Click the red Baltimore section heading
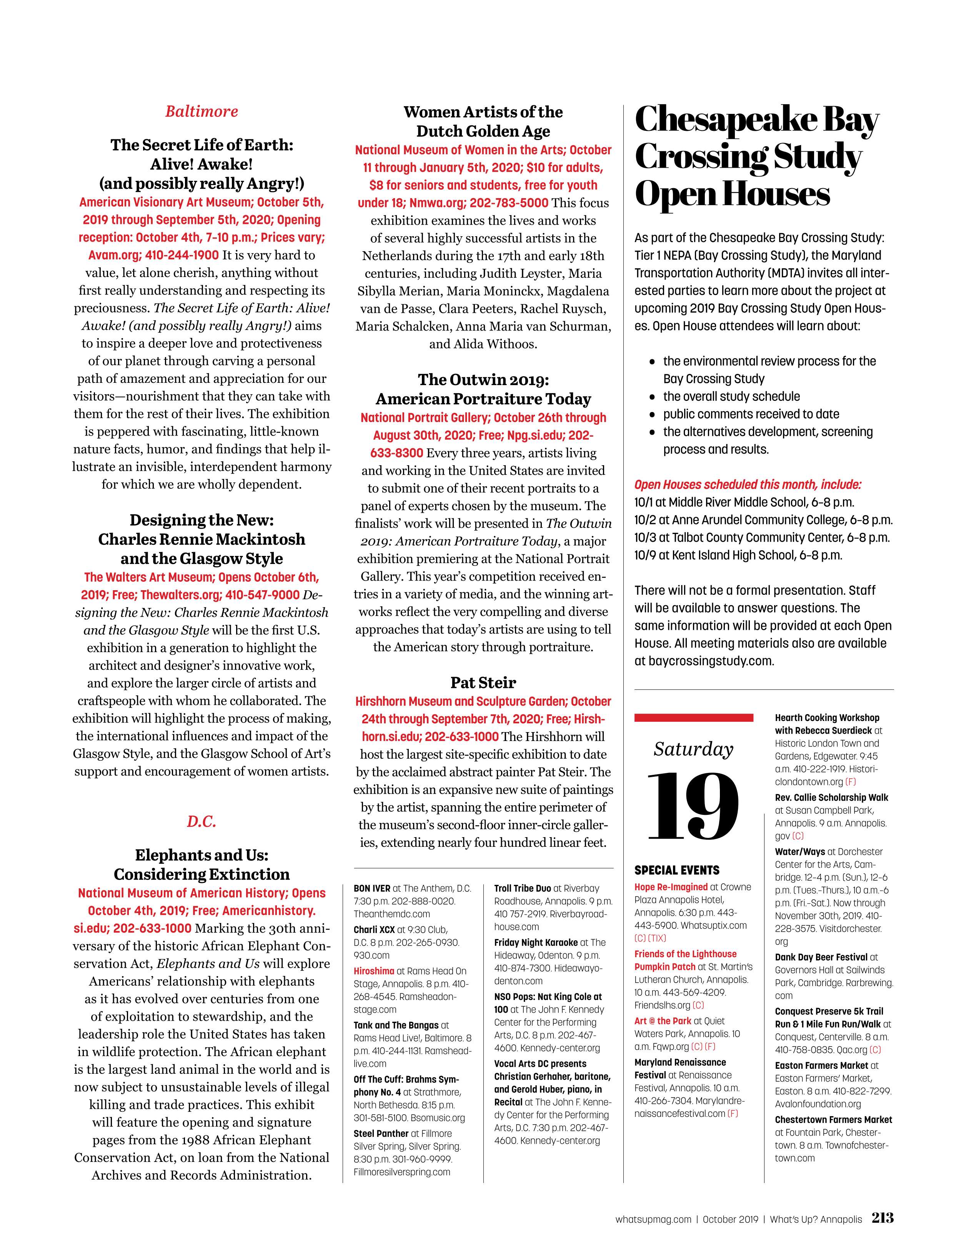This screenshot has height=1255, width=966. (202, 112)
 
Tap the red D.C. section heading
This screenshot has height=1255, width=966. (202, 822)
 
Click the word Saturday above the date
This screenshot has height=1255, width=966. (693, 749)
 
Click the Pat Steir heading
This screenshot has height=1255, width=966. (483, 683)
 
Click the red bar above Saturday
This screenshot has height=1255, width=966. (693, 718)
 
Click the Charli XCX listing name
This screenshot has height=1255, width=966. (374, 930)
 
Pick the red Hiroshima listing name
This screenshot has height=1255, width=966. (374, 971)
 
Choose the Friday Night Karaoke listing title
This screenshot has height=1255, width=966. (536, 942)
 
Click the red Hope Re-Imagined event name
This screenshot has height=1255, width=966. (671, 887)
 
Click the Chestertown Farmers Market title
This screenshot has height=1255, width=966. (833, 1120)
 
